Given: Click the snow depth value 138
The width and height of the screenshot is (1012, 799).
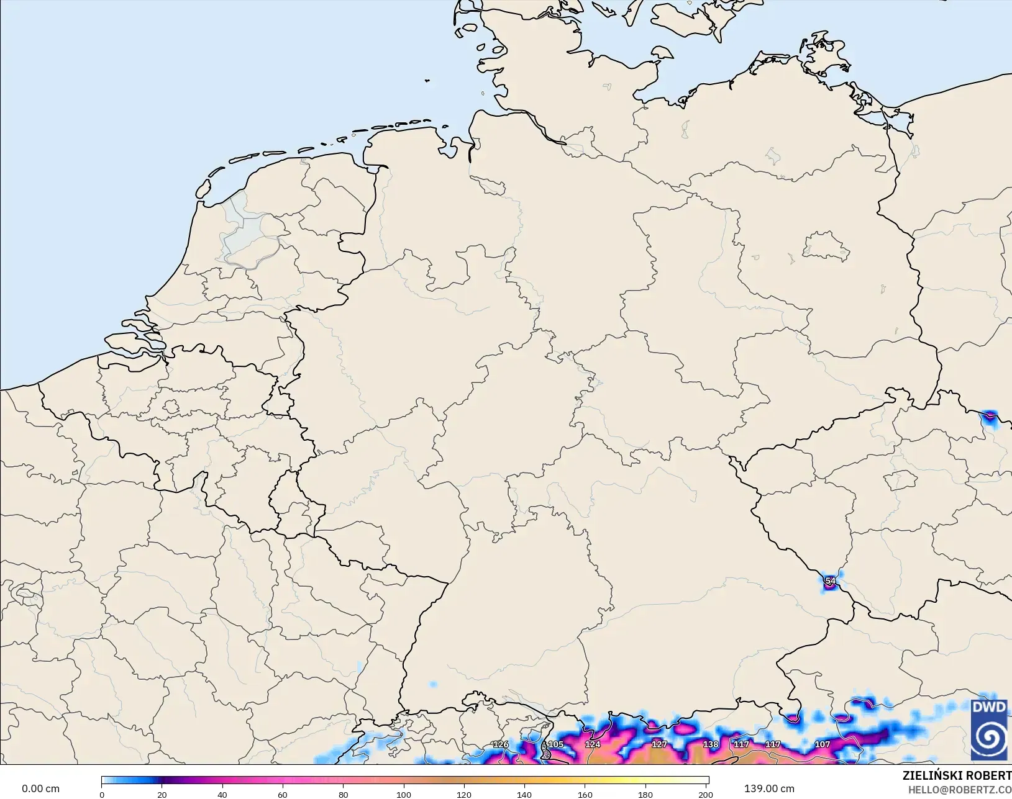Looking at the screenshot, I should coord(711,744).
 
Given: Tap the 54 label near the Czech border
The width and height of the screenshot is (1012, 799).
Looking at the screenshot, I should coord(830,581).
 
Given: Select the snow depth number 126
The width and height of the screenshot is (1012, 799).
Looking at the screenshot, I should coord(501,744).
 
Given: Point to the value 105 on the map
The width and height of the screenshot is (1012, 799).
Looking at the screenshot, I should coord(556,744).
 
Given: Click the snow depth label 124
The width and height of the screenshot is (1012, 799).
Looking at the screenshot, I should coord(593,744).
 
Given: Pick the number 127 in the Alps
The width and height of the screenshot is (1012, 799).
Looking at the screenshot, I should coord(659,744).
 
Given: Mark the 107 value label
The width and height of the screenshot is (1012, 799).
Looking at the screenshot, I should coord(823,744).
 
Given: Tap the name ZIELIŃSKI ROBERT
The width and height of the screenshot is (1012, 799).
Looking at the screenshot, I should coord(957,776).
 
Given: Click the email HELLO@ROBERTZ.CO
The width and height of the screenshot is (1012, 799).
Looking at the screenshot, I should coord(960,790).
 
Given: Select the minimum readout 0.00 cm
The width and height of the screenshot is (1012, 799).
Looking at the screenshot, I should coord(41,789).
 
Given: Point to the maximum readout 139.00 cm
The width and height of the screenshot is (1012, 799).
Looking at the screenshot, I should coord(769,788).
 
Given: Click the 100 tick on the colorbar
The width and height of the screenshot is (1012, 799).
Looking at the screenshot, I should coord(404,795).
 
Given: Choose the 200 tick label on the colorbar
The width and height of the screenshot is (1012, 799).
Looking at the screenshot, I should coord(705,795).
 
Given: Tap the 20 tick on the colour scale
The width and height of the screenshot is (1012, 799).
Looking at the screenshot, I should coord(162,795).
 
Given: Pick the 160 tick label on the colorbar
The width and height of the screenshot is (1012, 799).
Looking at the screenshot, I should coord(585,795).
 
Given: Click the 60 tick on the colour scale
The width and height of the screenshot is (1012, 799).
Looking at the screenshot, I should coord(283,795).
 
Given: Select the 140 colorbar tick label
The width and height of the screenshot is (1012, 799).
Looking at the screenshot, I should coord(524,795).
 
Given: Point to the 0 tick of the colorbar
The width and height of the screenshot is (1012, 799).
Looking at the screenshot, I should coord(102,795).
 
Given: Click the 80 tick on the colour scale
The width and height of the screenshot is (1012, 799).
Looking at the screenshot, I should coord(343,795).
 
